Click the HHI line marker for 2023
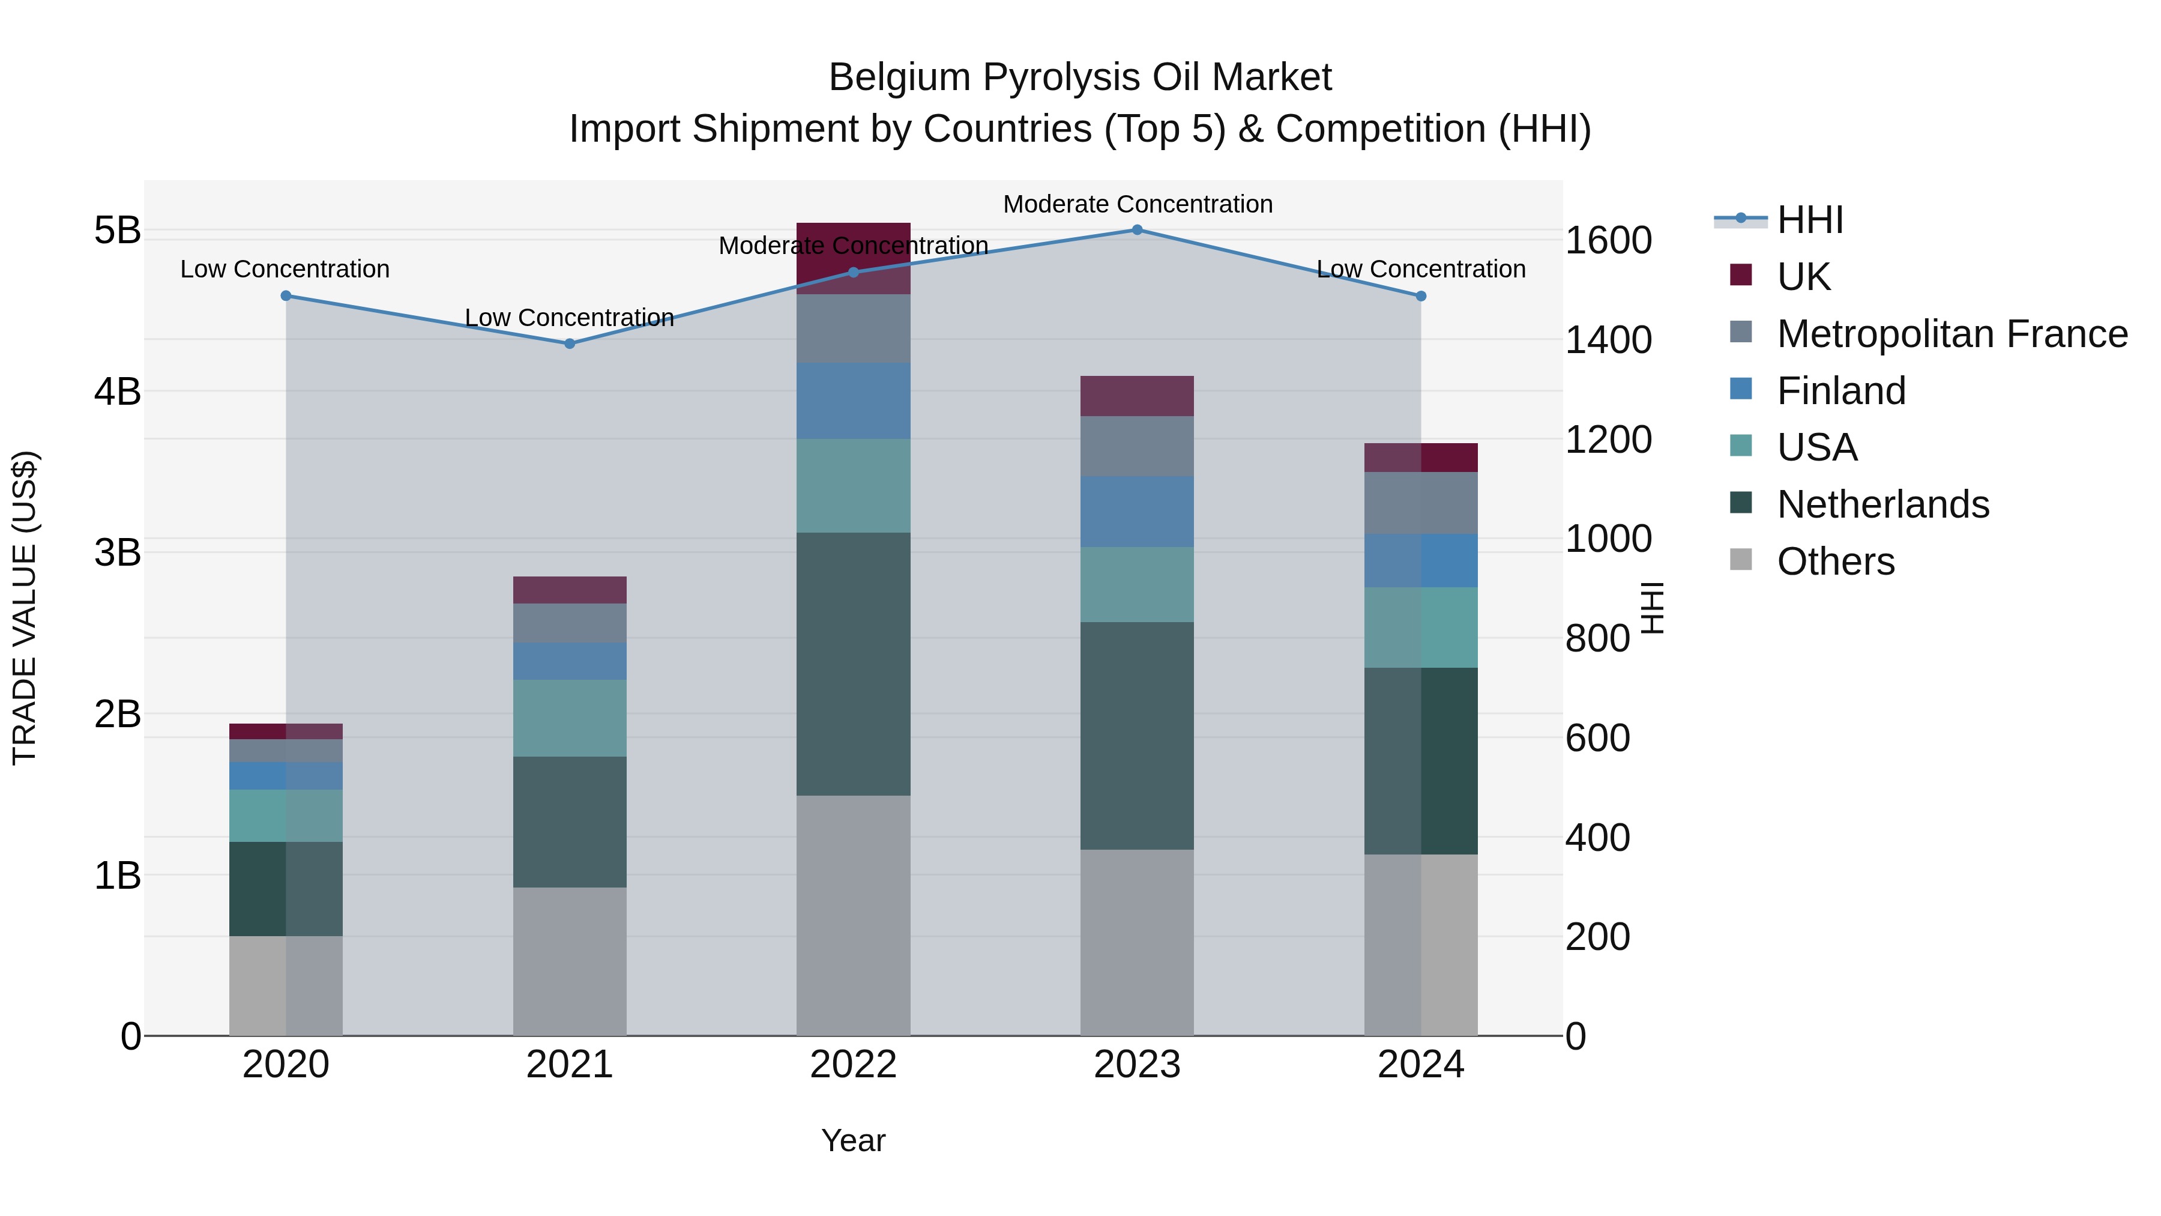click(1137, 229)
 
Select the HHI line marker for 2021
click(570, 343)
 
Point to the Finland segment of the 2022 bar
click(853, 401)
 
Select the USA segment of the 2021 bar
click(570, 718)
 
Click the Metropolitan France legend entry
click(1952, 334)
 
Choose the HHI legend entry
click(1809, 220)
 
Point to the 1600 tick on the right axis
click(1608, 241)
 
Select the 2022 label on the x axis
click(853, 1065)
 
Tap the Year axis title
click(853, 1140)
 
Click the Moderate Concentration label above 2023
click(1137, 204)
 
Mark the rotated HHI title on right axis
click(1651, 608)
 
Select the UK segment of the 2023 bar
click(1137, 396)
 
